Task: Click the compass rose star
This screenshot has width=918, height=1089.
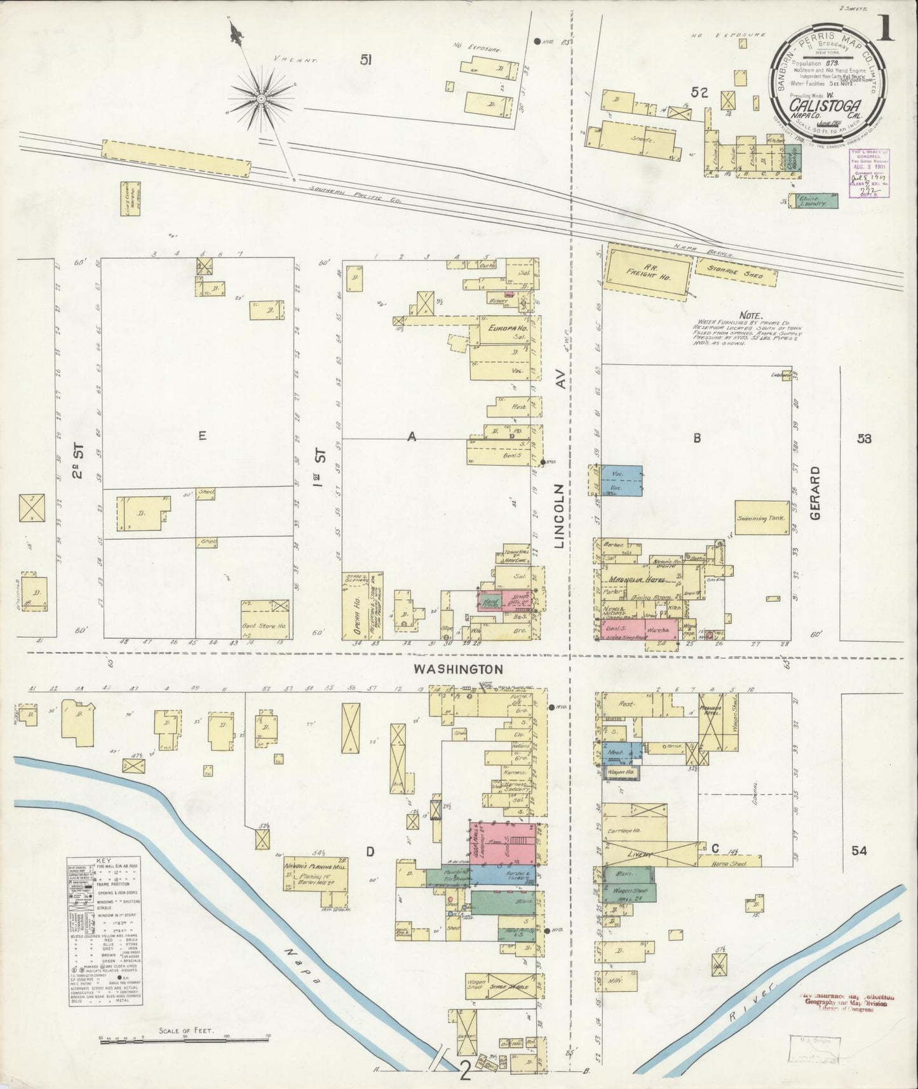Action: tap(260, 98)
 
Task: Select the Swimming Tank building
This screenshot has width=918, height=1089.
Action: tap(761, 518)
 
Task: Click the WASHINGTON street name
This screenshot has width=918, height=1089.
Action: tap(458, 669)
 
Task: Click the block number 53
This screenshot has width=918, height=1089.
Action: tap(863, 438)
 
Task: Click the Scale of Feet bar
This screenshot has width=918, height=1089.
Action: tap(185, 1040)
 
